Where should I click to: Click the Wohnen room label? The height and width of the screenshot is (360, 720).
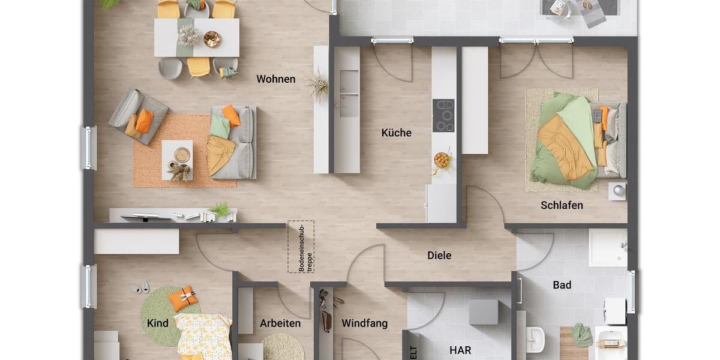coord(276,79)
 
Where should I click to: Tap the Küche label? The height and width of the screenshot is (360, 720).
coord(397,133)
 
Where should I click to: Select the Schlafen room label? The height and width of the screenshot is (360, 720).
coord(562,205)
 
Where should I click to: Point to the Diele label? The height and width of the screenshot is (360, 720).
coord(439,256)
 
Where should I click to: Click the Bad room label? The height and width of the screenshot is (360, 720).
coord(562,285)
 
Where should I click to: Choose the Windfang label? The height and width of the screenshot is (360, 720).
coord(365,323)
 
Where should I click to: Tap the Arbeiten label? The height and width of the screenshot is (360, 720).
coord(280,323)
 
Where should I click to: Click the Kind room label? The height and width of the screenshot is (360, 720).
coord(158,323)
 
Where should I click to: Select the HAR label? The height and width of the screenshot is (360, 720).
coord(460,350)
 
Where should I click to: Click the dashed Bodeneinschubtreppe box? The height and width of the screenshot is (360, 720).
coord(301,247)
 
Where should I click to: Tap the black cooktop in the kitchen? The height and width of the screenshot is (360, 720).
coord(443,116)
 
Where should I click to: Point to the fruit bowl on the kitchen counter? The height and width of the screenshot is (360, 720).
coord(442,160)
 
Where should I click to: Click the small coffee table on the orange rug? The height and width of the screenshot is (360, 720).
coord(177,160)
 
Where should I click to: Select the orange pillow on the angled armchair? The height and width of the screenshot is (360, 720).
coord(144,121)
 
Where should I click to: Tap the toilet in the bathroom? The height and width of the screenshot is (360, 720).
coord(535,340)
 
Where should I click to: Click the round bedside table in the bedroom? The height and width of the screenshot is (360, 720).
coord(617,191)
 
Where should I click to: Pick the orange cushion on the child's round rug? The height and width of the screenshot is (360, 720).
coord(182,298)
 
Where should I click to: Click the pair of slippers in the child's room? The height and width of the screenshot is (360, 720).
coord(140,288)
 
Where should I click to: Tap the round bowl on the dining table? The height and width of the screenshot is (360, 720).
coord(212,40)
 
